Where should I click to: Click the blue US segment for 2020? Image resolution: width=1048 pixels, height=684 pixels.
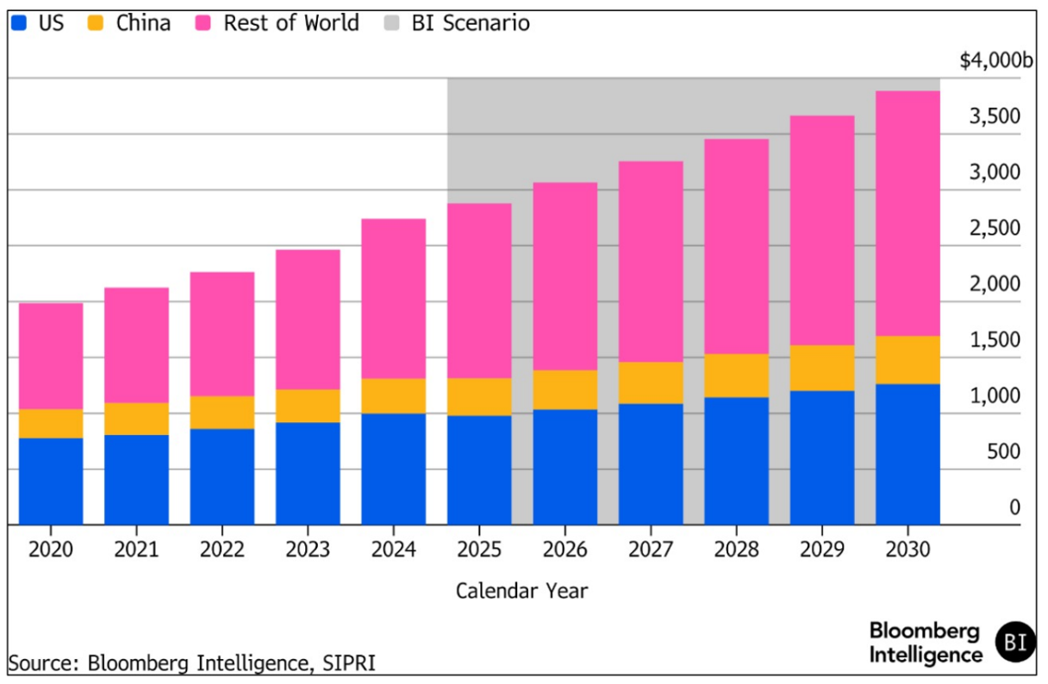(x=51, y=481)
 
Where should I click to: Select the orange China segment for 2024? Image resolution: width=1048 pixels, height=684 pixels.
(x=393, y=395)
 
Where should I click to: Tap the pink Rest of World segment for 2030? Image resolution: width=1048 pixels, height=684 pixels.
(x=908, y=213)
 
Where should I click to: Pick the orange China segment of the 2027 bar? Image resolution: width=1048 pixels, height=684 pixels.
(x=651, y=382)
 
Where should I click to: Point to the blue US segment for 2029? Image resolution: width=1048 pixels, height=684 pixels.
(x=822, y=457)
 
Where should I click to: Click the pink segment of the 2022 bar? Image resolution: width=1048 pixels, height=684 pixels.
(x=222, y=333)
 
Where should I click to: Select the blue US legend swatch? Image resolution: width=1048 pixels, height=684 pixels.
(x=20, y=23)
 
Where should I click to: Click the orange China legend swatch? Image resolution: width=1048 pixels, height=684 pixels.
(x=97, y=23)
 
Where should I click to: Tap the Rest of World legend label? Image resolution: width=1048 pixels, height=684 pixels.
(x=290, y=23)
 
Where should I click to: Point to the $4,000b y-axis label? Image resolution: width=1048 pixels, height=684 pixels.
(x=995, y=61)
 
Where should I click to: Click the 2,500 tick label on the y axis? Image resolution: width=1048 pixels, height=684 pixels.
(x=995, y=229)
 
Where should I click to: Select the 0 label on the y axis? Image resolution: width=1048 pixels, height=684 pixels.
(x=1014, y=508)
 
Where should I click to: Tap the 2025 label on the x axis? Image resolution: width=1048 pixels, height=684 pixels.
(x=479, y=550)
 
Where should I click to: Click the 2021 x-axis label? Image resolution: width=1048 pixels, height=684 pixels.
(x=136, y=550)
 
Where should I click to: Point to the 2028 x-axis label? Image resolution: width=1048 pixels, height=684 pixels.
(x=736, y=550)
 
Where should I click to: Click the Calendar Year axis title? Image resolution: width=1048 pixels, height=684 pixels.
(x=521, y=591)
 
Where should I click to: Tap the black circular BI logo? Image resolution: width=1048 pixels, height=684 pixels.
(x=1015, y=642)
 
